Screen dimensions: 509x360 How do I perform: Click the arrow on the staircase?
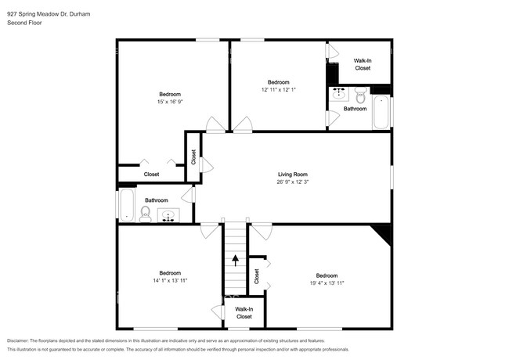(236, 261)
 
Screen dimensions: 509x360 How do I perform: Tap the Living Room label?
(293, 175)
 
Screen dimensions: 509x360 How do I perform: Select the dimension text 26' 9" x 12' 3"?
(293, 182)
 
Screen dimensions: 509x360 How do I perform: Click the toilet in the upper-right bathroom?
(359, 95)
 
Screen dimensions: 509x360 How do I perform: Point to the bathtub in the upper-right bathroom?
(381, 112)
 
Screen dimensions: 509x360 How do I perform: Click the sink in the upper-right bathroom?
(339, 93)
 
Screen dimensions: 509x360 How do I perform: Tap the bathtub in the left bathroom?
(126, 205)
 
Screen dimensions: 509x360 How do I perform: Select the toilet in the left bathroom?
(146, 214)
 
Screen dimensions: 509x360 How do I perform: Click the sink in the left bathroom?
(168, 215)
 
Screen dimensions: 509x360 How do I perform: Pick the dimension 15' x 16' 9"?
(170, 102)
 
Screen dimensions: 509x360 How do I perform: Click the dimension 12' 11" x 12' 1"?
(279, 90)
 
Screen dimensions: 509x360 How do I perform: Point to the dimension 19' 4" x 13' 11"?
(327, 283)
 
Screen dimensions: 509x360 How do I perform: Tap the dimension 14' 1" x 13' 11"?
(170, 280)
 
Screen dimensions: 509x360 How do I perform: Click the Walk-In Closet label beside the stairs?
(244, 313)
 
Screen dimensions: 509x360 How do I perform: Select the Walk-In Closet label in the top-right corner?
(363, 64)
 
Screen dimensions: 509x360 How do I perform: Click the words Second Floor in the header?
(24, 23)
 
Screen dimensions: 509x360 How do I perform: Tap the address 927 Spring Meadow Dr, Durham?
(49, 14)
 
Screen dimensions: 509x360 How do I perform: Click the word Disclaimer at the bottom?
(18, 341)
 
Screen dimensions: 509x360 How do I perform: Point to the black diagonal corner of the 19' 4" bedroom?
(383, 233)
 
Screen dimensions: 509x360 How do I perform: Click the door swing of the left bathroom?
(188, 195)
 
